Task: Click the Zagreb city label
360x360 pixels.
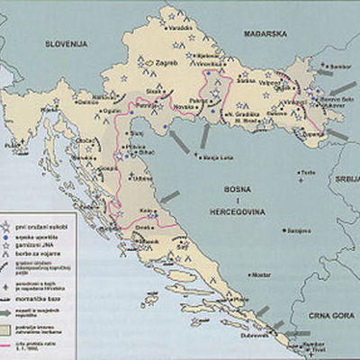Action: [168, 64]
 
